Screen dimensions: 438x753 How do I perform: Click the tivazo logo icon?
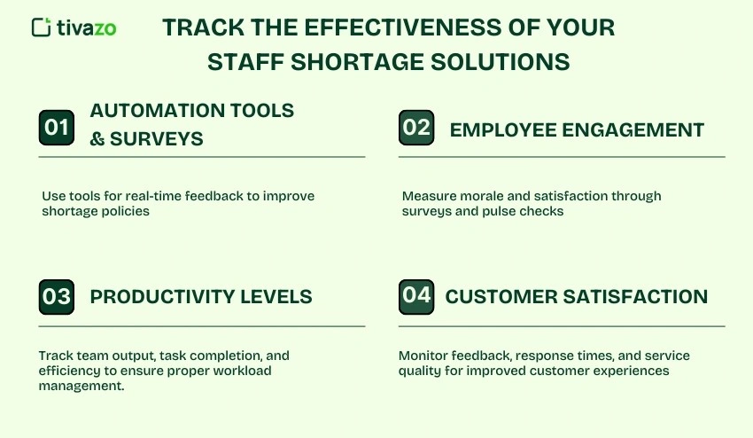pyautogui.click(x=41, y=27)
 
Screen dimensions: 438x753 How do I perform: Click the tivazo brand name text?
pyautogui.click(x=85, y=27)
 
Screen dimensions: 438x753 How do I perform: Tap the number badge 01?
pyautogui.click(x=57, y=128)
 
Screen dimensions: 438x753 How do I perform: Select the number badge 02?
pyautogui.click(x=416, y=127)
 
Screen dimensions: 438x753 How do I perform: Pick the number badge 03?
pyautogui.click(x=57, y=296)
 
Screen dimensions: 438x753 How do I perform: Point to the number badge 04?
pyautogui.click(x=416, y=295)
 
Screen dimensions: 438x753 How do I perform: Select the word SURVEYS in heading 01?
pyautogui.click(x=157, y=139)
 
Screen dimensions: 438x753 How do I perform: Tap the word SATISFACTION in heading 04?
pyautogui.click(x=637, y=296)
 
